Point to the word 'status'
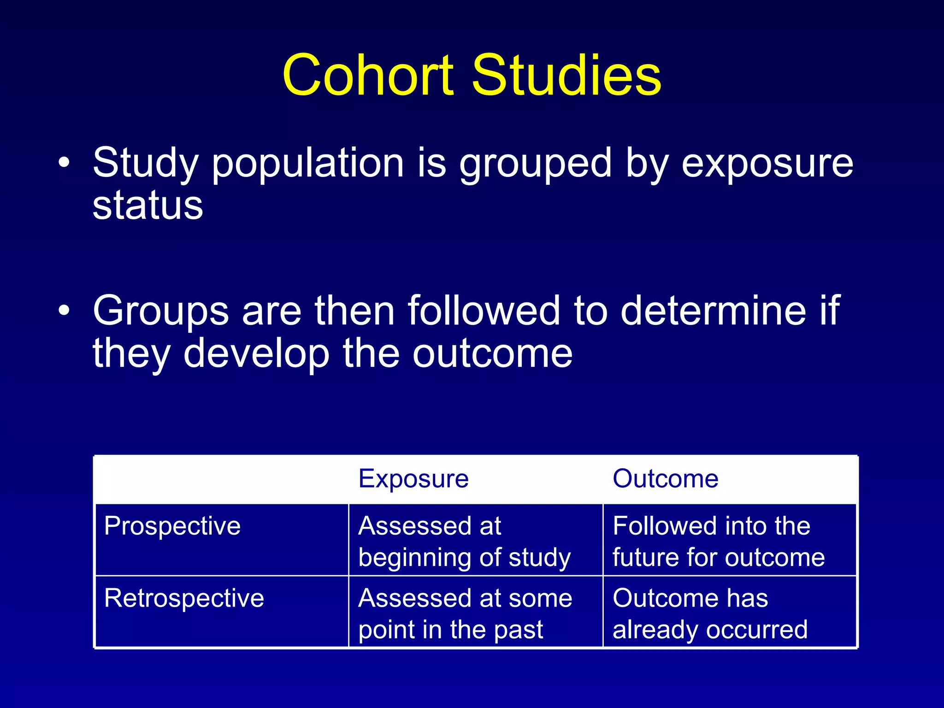pyautogui.click(x=147, y=206)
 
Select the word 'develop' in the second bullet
pyautogui.click(x=256, y=354)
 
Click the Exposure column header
pyautogui.click(x=413, y=478)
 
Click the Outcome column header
pyautogui.click(x=665, y=478)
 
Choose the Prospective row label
pyautogui.click(x=172, y=526)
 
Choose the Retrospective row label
pyautogui.click(x=184, y=598)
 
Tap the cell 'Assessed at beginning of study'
pyautogui.click(x=465, y=541)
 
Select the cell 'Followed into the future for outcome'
pyautogui.click(x=718, y=541)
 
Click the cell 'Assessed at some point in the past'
pyautogui.click(x=465, y=614)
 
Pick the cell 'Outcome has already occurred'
pyautogui.click(x=710, y=614)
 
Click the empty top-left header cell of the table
pyautogui.click(x=221, y=479)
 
